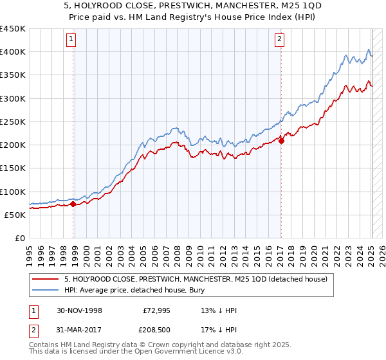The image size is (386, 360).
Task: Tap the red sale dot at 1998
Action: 73,204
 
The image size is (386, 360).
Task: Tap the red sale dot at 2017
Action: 281,141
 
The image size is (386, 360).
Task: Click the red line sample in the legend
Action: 46,279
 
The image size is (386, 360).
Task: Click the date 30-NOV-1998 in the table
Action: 80,310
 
